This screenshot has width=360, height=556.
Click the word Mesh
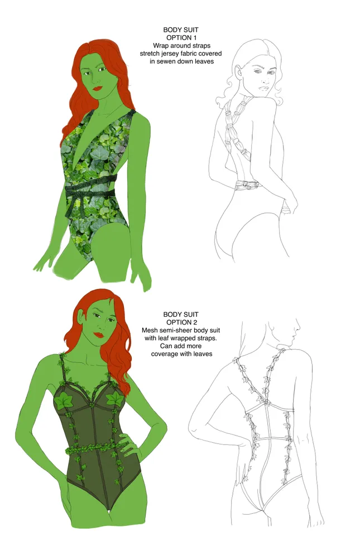[150, 330]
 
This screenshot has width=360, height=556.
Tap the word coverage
[165, 354]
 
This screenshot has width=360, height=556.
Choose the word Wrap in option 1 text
[161, 46]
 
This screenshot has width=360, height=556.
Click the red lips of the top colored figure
[98, 87]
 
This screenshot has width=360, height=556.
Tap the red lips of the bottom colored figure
[99, 335]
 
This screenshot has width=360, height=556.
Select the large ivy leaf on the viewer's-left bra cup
[64, 400]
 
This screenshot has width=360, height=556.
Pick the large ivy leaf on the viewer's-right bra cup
[114, 399]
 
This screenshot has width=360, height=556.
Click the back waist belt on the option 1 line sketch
[248, 185]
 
